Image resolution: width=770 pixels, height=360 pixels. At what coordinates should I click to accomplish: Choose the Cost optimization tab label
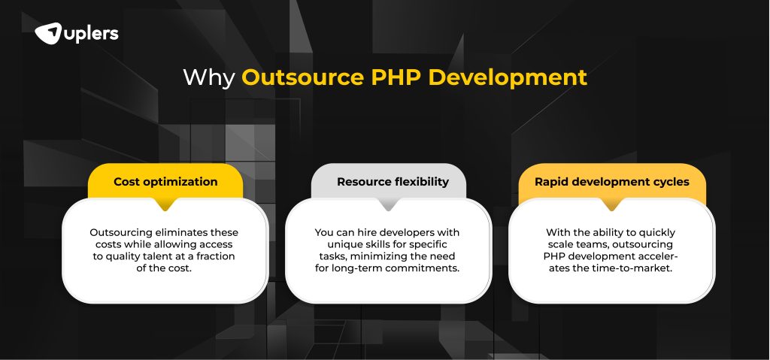pyautogui.click(x=165, y=182)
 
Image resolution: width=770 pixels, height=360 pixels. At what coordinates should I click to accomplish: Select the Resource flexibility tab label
pyautogui.click(x=388, y=182)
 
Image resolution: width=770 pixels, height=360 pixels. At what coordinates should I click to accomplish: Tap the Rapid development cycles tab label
pyautogui.click(x=611, y=182)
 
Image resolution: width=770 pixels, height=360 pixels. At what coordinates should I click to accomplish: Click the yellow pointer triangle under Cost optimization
pyautogui.click(x=165, y=204)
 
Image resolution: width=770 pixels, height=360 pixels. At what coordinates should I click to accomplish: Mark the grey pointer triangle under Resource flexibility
pyautogui.click(x=388, y=204)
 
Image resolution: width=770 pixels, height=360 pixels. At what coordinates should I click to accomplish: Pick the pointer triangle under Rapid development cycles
pyautogui.click(x=611, y=204)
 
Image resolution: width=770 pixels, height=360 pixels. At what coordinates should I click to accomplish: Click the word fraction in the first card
pyautogui.click(x=215, y=256)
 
